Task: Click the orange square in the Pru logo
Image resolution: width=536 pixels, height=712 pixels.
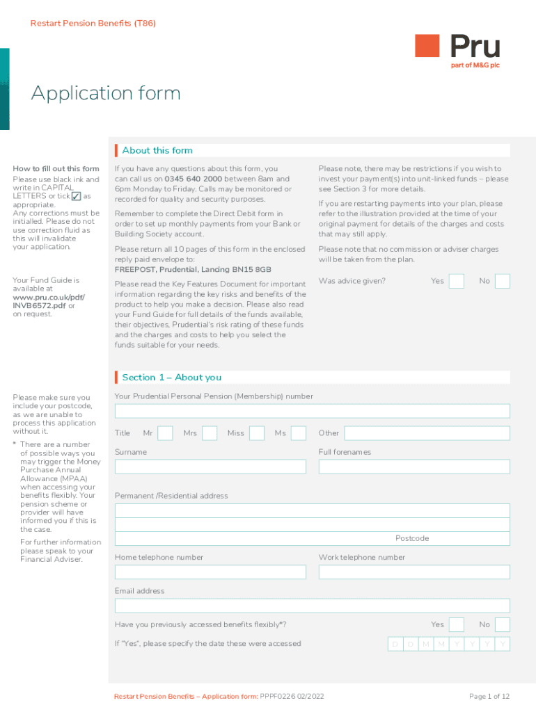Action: (427, 46)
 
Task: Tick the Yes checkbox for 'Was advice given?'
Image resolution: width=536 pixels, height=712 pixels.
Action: (457, 281)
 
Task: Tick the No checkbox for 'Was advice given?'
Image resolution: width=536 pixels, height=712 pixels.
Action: (502, 281)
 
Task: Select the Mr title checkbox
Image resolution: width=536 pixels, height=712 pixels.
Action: (165, 433)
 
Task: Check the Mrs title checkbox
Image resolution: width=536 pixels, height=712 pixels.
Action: (210, 433)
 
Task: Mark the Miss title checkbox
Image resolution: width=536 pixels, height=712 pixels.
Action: (257, 433)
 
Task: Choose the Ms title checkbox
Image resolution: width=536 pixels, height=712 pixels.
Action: (299, 433)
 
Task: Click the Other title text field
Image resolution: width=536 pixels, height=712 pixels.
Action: (427, 433)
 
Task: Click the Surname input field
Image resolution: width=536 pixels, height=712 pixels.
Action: (210, 467)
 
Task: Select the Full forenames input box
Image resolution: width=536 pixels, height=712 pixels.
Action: (414, 467)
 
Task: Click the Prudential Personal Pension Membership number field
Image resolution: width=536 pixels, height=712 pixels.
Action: (313, 411)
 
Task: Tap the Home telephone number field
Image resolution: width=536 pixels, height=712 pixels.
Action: (210, 572)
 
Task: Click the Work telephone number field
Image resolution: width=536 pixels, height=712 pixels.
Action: (414, 572)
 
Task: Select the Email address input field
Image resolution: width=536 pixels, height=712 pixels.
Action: (313, 606)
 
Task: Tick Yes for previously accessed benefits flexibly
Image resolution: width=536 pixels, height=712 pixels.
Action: (457, 624)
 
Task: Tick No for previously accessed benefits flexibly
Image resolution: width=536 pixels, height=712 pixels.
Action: (502, 624)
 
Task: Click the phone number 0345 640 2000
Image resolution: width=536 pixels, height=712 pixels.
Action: (194, 179)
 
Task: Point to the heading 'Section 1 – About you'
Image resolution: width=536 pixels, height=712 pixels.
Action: (171, 378)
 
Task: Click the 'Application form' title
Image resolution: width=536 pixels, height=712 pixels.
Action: (106, 93)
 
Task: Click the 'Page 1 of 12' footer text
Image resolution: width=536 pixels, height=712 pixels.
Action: (489, 697)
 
